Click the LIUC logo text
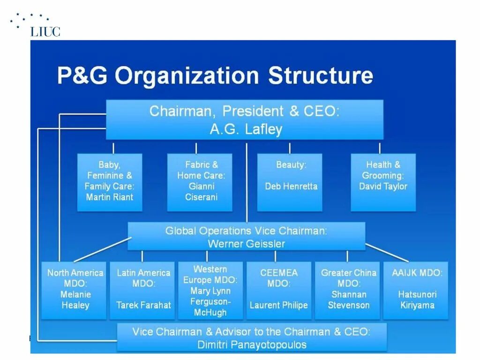[x=45, y=32]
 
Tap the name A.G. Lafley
[x=246, y=129]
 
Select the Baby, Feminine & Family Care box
[x=109, y=181]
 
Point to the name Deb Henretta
[x=291, y=186]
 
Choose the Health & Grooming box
[x=383, y=181]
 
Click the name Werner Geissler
[x=246, y=244]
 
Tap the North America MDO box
[x=75, y=289]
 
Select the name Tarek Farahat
[x=143, y=305]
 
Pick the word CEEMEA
[x=278, y=273]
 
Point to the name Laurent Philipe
[x=278, y=305]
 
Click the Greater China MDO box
[x=348, y=289]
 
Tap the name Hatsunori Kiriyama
[x=417, y=300]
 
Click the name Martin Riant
[x=109, y=197]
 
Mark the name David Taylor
[x=383, y=187]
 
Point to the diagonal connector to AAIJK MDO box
[x=387, y=253]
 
